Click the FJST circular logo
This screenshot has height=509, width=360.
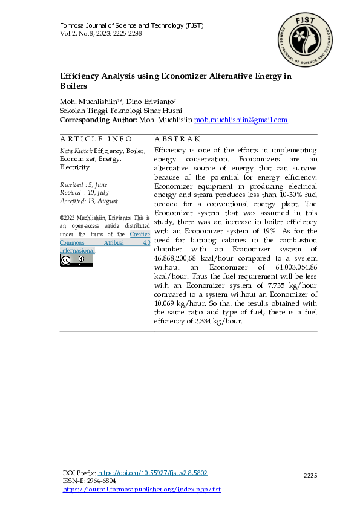(x=306, y=41)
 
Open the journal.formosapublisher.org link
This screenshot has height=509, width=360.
(x=142, y=489)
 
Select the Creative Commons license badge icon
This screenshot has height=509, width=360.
(x=76, y=261)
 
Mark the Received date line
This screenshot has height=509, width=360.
(x=85, y=184)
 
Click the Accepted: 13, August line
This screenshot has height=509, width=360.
(x=89, y=201)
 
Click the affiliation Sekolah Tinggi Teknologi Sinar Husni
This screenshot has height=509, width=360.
(x=121, y=111)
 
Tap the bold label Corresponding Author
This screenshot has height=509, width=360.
(x=98, y=120)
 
